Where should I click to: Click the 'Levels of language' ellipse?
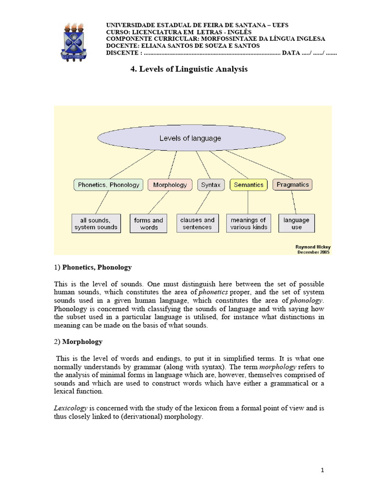190,139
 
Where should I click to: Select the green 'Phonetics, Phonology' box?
108,185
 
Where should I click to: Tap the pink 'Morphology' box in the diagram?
170,185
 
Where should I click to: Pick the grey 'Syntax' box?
211,185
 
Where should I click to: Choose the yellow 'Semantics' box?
248,185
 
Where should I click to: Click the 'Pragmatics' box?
292,185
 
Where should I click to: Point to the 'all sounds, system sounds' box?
96,224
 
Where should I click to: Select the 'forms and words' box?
149,224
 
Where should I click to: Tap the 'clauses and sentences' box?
197,224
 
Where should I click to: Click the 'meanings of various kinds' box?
248,224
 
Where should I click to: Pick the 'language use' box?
296,224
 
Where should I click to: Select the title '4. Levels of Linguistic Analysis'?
189,69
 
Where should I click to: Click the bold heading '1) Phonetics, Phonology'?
93,267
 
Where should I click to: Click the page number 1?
322,470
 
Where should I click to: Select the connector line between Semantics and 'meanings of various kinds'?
248,202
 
